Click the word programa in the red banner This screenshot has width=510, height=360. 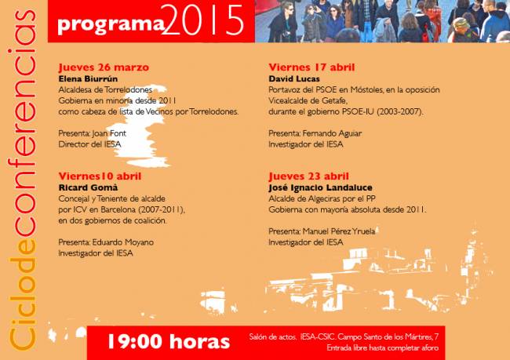tap(111, 24)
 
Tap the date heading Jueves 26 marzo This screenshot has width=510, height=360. tap(104, 67)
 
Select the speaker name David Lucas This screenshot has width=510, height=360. tap(294, 79)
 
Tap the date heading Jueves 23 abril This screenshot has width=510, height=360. tap(308, 177)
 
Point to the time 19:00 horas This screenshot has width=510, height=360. tap(169, 341)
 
